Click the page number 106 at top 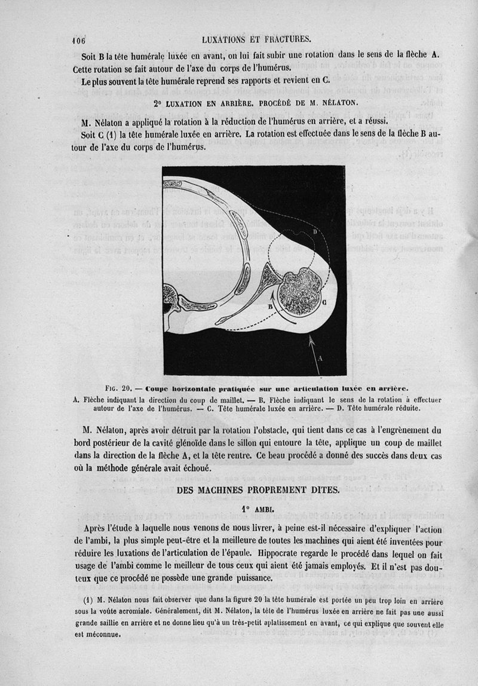coord(79,41)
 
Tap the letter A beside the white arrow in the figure coord(320,358)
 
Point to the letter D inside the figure coord(315,231)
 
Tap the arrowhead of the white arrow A coord(310,339)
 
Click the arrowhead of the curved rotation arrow coord(274,293)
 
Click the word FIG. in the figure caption coord(114,388)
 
